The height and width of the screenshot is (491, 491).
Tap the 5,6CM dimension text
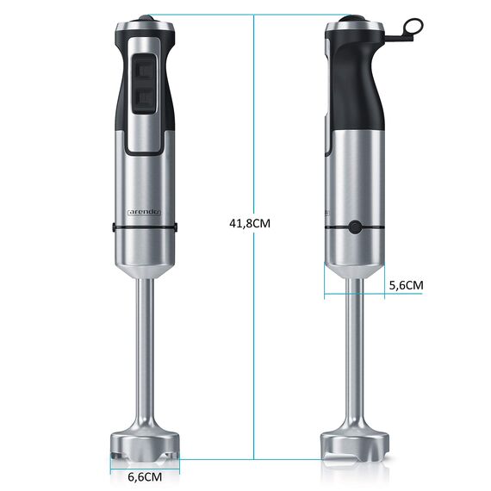(x=407, y=284)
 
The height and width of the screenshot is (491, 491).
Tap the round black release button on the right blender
(x=355, y=227)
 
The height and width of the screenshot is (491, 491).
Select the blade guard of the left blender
(x=145, y=442)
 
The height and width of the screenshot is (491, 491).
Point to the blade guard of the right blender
(x=355, y=442)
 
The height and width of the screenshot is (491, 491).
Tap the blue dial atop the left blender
(x=145, y=17)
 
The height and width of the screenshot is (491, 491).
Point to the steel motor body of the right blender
(x=355, y=181)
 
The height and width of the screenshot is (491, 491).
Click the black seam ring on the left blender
(x=145, y=227)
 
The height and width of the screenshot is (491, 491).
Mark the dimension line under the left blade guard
(x=145, y=466)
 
